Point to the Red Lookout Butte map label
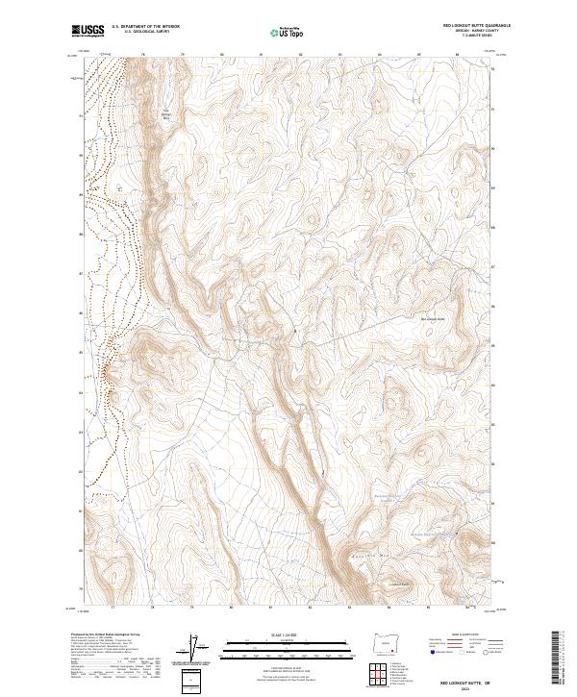click(434, 318)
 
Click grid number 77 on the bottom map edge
click(113, 608)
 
